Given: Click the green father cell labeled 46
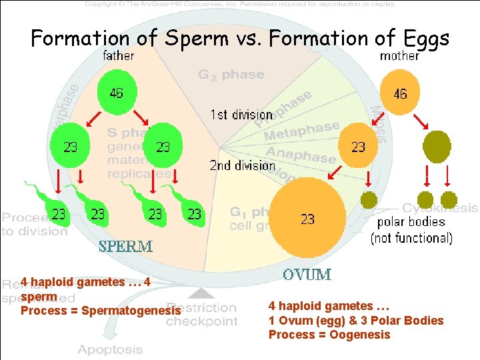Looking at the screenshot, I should [x=117, y=93].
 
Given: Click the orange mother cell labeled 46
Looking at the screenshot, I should [x=400, y=93].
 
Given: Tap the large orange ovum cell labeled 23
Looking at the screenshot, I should [x=307, y=217].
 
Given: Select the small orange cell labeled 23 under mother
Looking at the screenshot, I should [x=358, y=146].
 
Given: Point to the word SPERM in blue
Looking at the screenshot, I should [x=126, y=246].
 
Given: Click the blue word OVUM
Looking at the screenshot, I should [x=307, y=274].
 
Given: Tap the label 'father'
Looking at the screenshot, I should [x=119, y=56].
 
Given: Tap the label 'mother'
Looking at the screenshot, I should [x=400, y=56].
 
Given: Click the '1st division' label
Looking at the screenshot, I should [x=241, y=115].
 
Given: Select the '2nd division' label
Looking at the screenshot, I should [x=242, y=165].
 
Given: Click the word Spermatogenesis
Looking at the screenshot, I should [x=131, y=311].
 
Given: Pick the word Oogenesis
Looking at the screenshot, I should [x=360, y=335].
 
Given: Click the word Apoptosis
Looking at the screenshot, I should [x=110, y=349].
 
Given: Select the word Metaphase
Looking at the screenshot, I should [x=301, y=131].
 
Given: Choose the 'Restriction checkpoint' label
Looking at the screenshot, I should [x=201, y=315].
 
